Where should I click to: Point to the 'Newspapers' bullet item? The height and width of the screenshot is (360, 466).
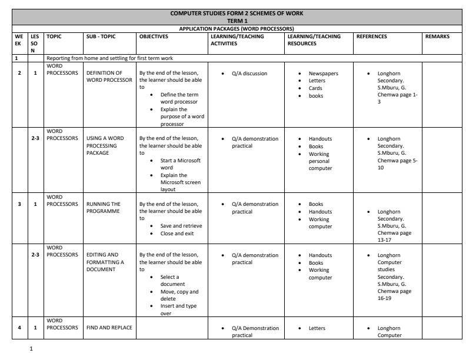coord(323,74)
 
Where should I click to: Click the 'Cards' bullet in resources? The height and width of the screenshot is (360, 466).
coord(316,88)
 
